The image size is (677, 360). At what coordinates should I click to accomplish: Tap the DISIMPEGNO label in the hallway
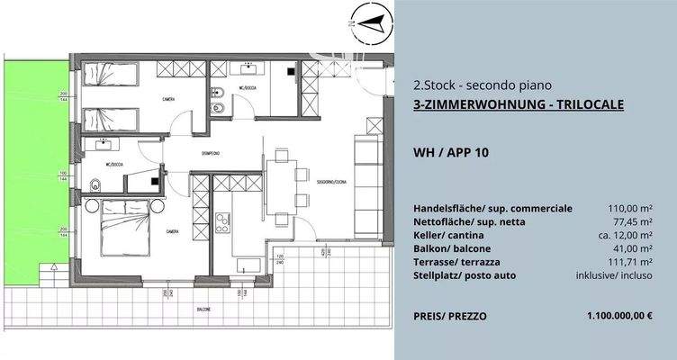pyautogui.click(x=212, y=153)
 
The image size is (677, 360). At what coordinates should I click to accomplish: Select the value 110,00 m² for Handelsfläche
pyautogui.click(x=628, y=209)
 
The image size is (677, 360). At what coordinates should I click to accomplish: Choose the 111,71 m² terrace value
pyautogui.click(x=628, y=262)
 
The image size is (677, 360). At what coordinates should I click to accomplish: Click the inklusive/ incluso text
pyautogui.click(x=618, y=275)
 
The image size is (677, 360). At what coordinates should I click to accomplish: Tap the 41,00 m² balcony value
pyautogui.click(x=631, y=248)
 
